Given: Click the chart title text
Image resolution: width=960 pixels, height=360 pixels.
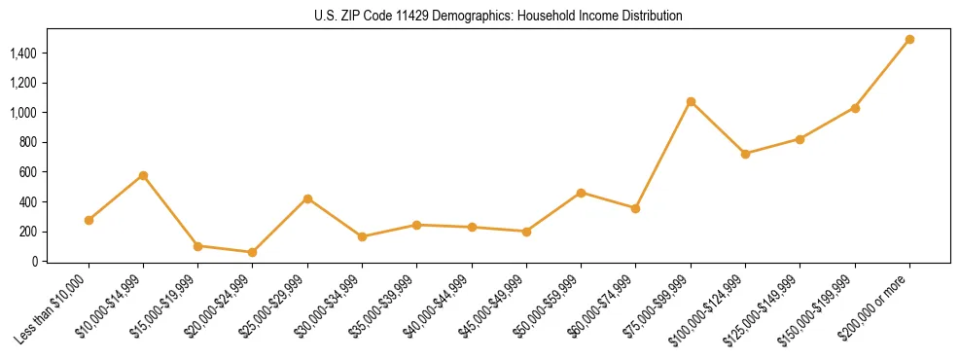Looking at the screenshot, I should [498, 16].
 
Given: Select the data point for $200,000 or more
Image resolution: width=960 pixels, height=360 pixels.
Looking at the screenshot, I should [909, 40].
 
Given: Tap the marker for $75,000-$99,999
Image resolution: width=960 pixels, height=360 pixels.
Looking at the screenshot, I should [691, 101].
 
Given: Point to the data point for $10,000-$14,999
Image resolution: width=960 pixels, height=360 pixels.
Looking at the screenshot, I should [143, 175].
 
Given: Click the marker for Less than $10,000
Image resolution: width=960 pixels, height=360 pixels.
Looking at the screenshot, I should [89, 220].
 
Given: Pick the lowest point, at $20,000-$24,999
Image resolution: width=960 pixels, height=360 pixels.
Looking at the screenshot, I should [253, 252].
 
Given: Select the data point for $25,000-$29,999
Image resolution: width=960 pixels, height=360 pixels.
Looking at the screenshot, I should [307, 198].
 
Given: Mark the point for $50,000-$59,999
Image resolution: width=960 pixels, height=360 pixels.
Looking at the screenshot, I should [581, 193].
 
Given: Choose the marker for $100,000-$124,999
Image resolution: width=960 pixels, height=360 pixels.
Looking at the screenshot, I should [745, 154].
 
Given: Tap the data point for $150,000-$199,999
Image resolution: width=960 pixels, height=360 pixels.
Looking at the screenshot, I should [855, 108].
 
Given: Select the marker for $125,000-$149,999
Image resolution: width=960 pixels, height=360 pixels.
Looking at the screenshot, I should [800, 139].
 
